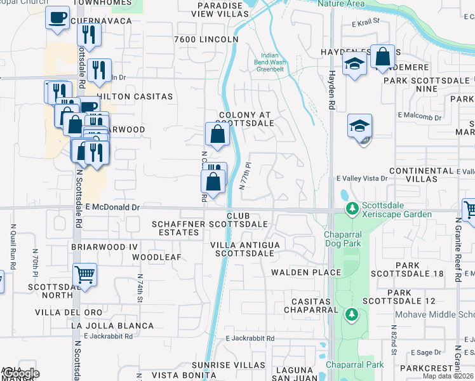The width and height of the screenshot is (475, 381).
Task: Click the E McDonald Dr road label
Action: coord(112,207)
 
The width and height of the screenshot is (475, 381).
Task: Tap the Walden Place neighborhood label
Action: coord(306,272)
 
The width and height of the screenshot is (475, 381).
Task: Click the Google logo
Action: coord(20,373)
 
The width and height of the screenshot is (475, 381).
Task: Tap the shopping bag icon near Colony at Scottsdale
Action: coord(217,134)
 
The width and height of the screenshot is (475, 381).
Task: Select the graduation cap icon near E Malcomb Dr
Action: coord(359,126)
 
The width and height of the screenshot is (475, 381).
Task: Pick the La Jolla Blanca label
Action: coord(112,326)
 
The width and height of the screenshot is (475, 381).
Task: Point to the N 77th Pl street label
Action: coord(246,179)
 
